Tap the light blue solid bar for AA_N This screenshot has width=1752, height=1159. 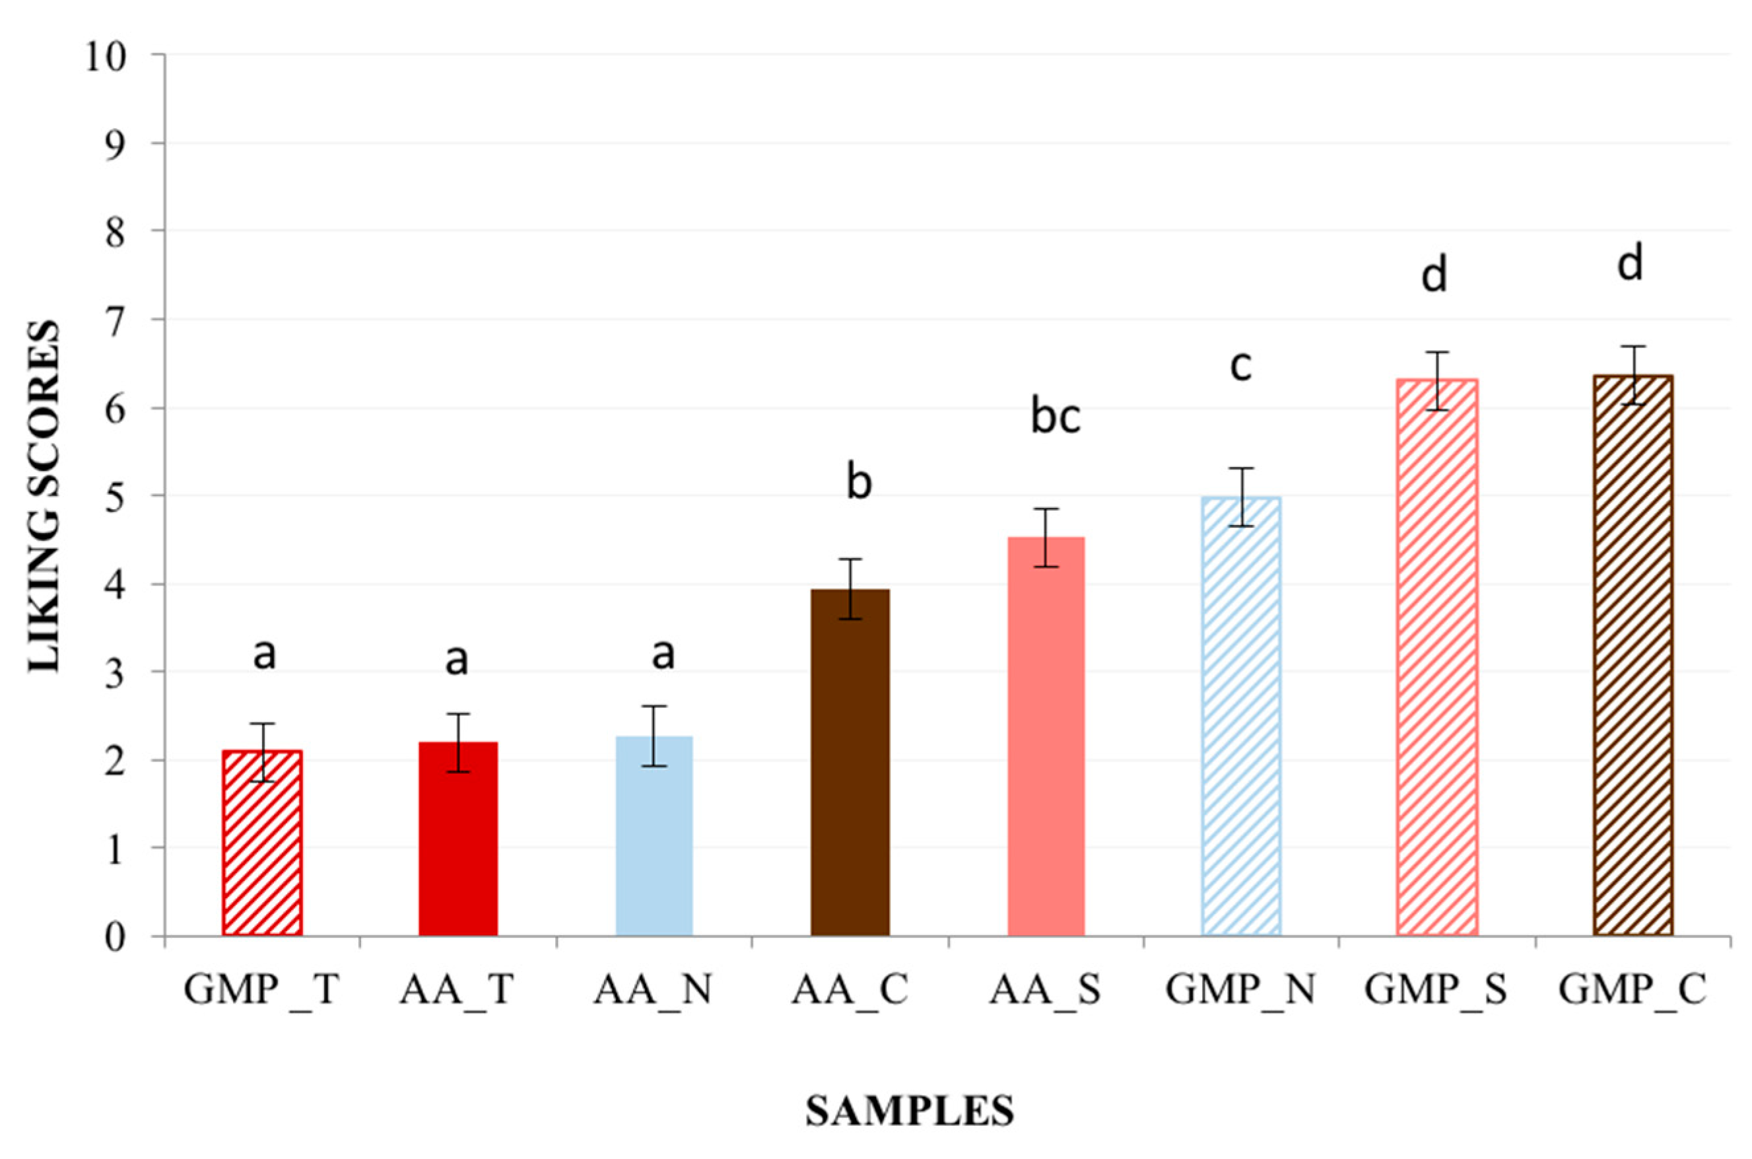pos(655,835)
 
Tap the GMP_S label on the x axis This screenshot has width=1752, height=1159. pos(1435,990)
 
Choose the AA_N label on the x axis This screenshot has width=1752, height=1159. pos(652,990)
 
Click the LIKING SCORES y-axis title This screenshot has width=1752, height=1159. pos(44,495)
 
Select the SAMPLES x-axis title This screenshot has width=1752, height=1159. pos(909,1111)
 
